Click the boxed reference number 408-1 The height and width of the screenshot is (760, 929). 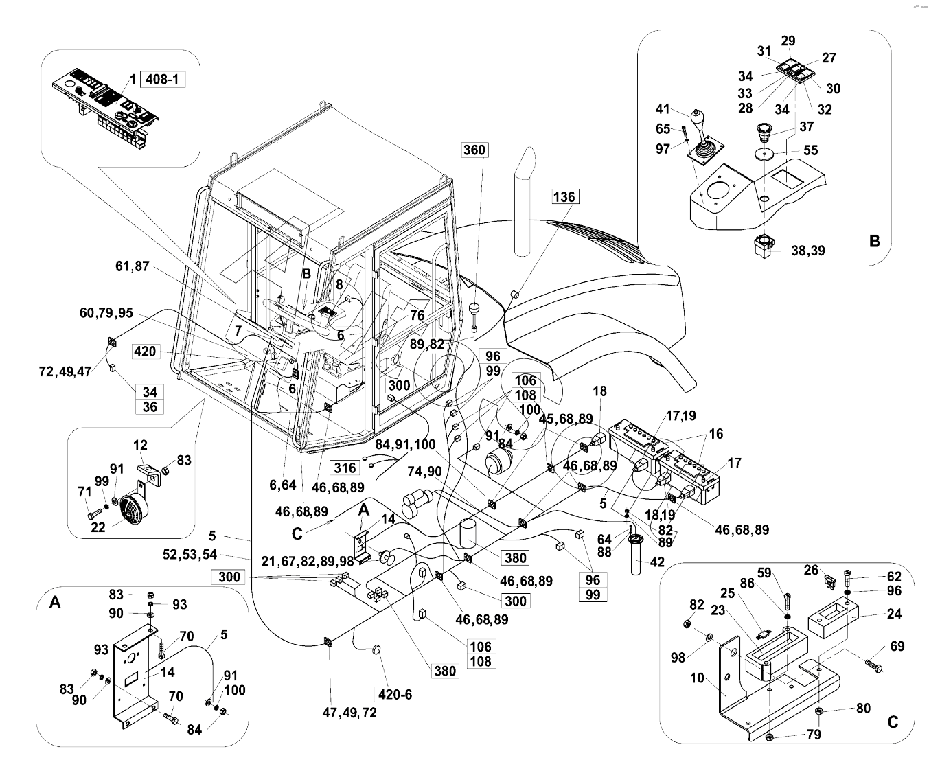pyautogui.click(x=163, y=80)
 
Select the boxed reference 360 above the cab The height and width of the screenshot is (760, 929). pyautogui.click(x=474, y=150)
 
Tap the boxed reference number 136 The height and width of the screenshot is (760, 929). pyautogui.click(x=564, y=197)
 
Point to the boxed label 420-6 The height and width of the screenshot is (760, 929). pyautogui.click(x=395, y=694)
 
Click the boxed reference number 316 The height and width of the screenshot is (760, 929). pyautogui.click(x=345, y=468)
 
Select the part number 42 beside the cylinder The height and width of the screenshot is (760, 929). pyautogui.click(x=657, y=562)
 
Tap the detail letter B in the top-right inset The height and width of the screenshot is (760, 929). pyautogui.click(x=874, y=241)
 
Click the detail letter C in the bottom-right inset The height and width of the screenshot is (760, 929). pyautogui.click(x=893, y=722)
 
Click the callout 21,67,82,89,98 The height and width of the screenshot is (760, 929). pyautogui.click(x=307, y=561)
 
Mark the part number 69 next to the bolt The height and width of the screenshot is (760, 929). pyautogui.click(x=897, y=646)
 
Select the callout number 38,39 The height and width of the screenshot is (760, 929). pyautogui.click(x=807, y=251)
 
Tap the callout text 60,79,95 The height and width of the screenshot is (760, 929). pyautogui.click(x=106, y=313)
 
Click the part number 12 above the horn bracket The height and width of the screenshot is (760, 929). pyautogui.click(x=140, y=446)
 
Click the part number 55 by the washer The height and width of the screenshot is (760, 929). pyautogui.click(x=811, y=150)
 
